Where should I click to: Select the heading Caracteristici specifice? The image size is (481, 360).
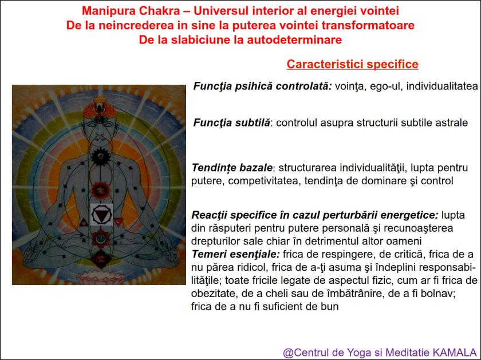(352, 64)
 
